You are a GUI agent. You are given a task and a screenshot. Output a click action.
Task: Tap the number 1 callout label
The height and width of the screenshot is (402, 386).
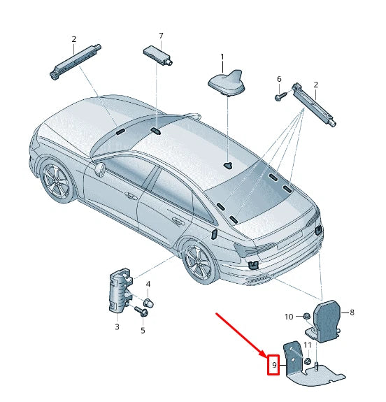(x=222, y=57)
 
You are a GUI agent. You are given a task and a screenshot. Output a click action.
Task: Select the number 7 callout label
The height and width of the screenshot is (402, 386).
(x=160, y=36)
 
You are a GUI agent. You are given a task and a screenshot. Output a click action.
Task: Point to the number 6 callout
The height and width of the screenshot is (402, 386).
(x=279, y=79)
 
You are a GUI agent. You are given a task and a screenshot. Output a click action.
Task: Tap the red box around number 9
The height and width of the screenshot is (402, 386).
(x=273, y=364)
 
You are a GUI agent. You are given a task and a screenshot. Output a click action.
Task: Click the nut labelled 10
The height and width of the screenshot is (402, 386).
(x=307, y=317)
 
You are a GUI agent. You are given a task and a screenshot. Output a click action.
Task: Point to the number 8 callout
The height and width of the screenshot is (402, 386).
(x=352, y=313)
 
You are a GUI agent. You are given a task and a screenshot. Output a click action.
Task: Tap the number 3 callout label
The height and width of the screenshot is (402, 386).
(x=117, y=326)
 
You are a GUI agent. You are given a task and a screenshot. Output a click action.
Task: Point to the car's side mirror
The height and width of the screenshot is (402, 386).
(x=100, y=168)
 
